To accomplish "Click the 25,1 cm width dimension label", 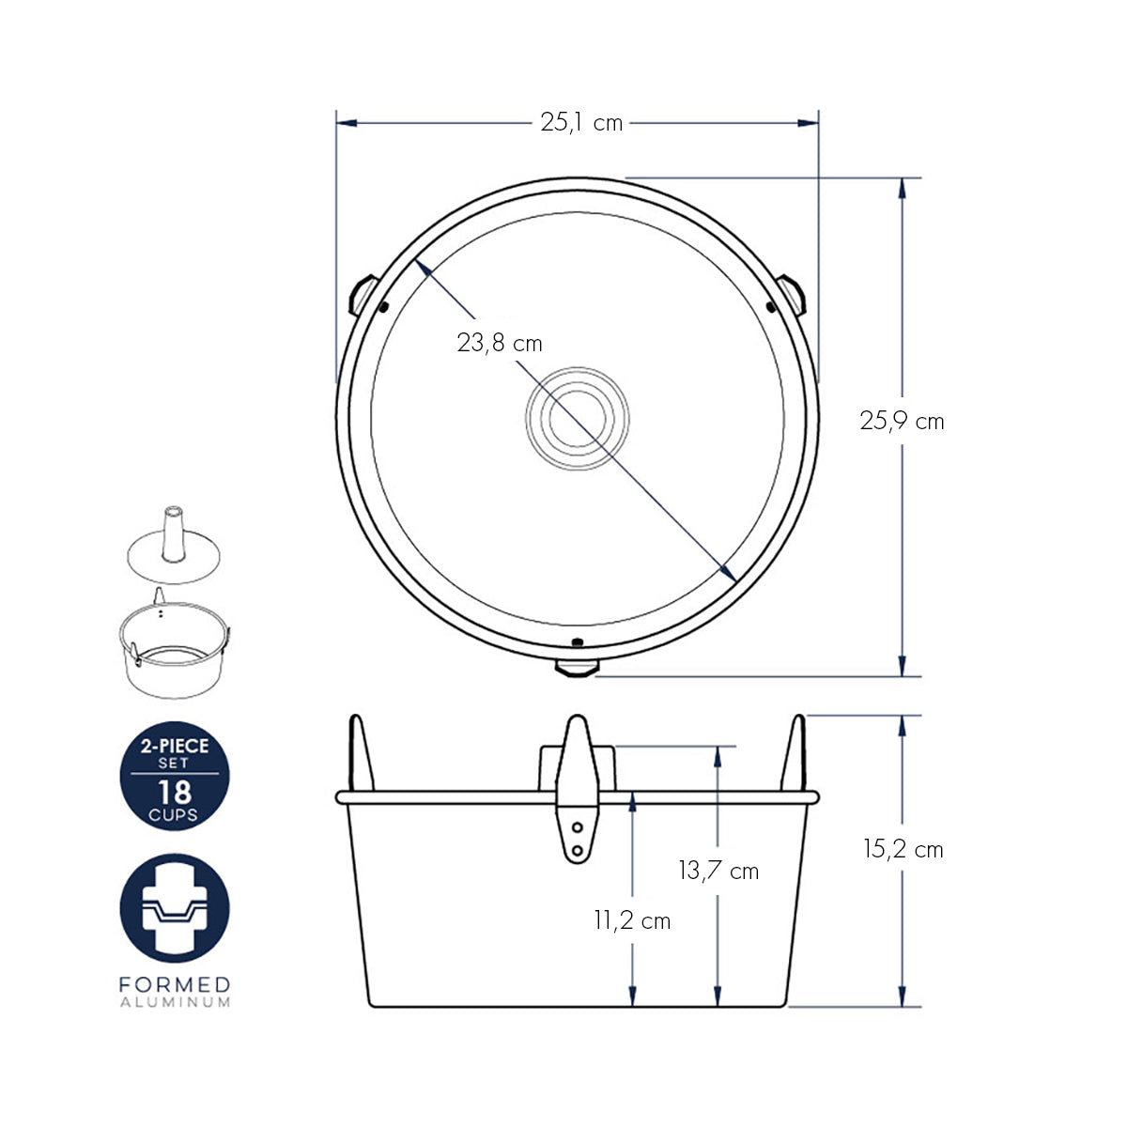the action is click(x=580, y=123).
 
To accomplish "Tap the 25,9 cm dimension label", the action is click(x=902, y=422).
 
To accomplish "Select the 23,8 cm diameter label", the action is click(x=500, y=344).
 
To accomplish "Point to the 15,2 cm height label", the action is click(x=903, y=850).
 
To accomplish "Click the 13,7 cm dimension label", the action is click(x=718, y=871).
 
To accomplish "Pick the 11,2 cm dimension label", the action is click(x=632, y=921).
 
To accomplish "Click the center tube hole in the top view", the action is click(x=578, y=418).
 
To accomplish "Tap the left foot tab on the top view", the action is click(x=363, y=294).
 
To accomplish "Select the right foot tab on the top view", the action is click(x=792, y=294).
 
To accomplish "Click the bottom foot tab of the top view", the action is click(x=578, y=668).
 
